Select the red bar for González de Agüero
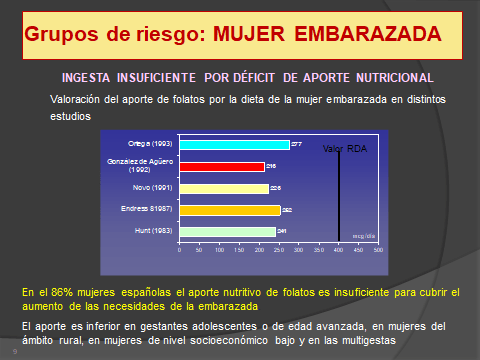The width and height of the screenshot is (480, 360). pyautogui.click(x=222, y=166)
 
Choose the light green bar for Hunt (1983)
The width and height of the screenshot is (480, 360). pyautogui.click(x=227, y=232)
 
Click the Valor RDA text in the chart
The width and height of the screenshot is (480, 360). pyautogui.click(x=341, y=148)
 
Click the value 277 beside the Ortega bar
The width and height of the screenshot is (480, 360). pyautogui.click(x=296, y=145)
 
